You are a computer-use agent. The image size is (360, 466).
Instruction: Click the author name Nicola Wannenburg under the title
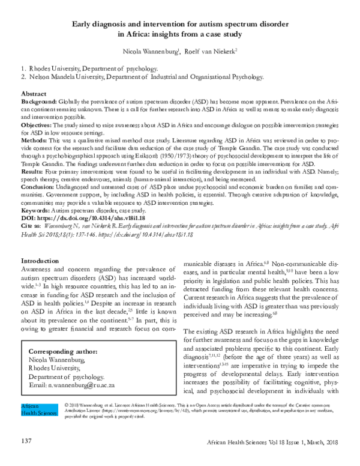point(149,52)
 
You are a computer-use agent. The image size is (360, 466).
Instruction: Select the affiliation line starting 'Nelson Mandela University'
point(144,77)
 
